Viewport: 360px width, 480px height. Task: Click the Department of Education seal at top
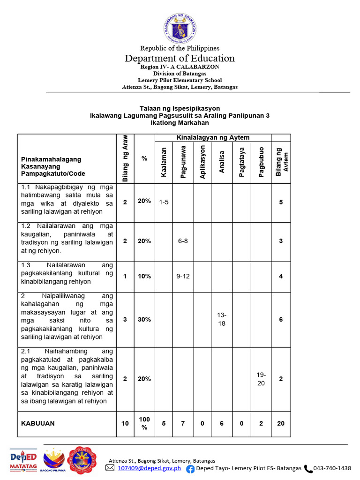pos(180,28)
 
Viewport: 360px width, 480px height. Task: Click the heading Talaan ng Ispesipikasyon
pos(180,108)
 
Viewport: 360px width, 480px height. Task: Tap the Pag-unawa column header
pos(183,165)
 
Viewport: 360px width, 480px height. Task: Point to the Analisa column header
pos(222,162)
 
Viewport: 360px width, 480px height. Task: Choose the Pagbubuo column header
pos(261,162)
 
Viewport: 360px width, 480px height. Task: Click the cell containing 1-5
pos(164,202)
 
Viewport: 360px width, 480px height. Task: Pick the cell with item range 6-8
pos(183,241)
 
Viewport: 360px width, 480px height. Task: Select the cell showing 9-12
pos(183,276)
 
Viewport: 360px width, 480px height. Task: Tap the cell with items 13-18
pos(222,320)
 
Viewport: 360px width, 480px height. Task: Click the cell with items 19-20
pos(261,379)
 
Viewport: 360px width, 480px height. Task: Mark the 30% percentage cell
pos(144,319)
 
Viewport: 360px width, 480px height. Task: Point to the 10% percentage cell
pos(144,276)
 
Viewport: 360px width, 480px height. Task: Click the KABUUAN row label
pos(38,423)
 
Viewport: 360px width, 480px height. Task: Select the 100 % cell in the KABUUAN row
pos(144,423)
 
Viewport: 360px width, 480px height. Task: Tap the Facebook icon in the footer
pos(190,468)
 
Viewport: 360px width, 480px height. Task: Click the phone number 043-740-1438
pos(332,468)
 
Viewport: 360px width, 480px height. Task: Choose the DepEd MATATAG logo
pos(23,460)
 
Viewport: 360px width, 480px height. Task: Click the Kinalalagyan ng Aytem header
pos(213,137)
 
